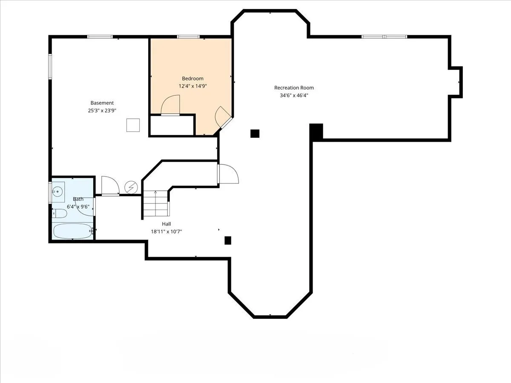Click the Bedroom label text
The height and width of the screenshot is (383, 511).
(192, 79)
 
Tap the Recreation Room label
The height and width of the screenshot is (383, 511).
(294, 88)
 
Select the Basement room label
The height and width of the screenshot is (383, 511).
(102, 103)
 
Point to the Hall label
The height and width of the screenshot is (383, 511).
(166, 224)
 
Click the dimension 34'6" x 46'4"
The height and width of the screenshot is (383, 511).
(294, 95)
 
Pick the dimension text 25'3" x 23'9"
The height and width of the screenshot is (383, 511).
(102, 111)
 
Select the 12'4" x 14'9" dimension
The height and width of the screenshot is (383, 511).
(192, 86)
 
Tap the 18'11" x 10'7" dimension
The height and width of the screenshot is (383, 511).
(166, 232)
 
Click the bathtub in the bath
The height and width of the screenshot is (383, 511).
(73, 231)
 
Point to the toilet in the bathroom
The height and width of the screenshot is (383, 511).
(60, 214)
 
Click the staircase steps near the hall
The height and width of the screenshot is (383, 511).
(155, 204)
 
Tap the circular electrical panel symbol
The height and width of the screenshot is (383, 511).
(131, 187)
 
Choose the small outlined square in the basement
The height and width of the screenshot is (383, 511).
(133, 125)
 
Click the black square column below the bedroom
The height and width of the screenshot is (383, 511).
(255, 134)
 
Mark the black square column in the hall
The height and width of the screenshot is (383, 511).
(228, 240)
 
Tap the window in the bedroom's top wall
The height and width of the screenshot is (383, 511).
(188, 37)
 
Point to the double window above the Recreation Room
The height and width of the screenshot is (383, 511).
(384, 37)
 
